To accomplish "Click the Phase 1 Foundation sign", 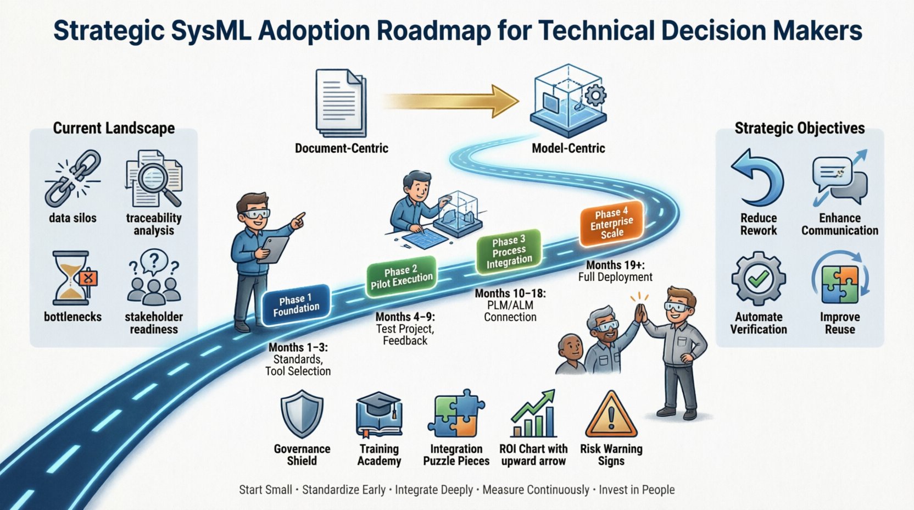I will (296, 304).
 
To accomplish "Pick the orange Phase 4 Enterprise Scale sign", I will (611, 223).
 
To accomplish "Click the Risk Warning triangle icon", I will (611, 415).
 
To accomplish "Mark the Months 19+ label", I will (615, 265).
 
